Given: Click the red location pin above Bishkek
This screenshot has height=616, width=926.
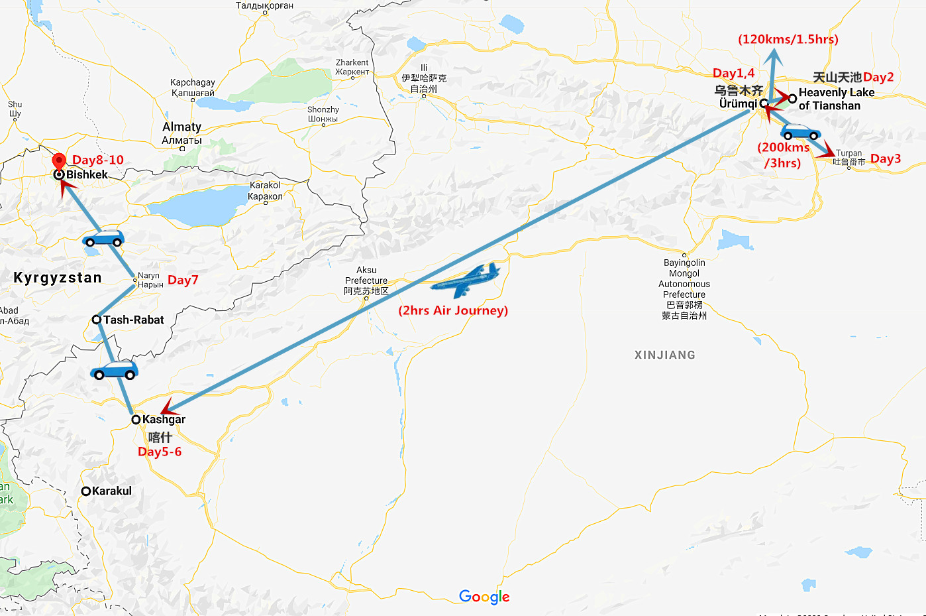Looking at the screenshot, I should tap(59, 161).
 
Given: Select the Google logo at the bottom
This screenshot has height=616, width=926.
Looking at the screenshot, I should tap(484, 597).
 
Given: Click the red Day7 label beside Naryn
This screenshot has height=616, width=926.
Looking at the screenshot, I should tap(183, 280).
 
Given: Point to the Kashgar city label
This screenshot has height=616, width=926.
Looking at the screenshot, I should tap(164, 419).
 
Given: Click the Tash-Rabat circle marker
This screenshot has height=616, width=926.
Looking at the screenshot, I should tap(97, 320).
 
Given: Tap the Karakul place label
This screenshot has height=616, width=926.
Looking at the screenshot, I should tap(111, 491).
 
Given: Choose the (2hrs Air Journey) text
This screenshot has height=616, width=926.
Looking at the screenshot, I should tap(453, 310).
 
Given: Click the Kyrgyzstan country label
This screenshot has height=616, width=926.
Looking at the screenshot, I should tap(58, 277).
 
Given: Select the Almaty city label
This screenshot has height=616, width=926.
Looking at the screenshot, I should tap(181, 127).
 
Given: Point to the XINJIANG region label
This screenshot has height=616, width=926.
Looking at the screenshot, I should tap(665, 355).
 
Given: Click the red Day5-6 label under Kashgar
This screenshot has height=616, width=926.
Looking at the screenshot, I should tap(160, 452).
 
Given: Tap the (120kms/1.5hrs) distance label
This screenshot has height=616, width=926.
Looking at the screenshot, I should tap(788, 39).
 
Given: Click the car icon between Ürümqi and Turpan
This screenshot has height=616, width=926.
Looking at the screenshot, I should tap(801, 131).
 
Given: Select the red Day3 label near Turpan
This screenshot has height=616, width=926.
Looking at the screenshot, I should tap(886, 158).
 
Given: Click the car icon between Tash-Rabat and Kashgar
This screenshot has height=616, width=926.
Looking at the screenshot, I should tap(115, 371).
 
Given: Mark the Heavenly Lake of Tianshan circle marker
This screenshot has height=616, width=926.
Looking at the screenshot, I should tap(792, 98).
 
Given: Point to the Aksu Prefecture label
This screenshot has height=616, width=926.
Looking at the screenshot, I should tap(366, 280).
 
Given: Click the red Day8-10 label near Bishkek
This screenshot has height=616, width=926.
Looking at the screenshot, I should tap(98, 160).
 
